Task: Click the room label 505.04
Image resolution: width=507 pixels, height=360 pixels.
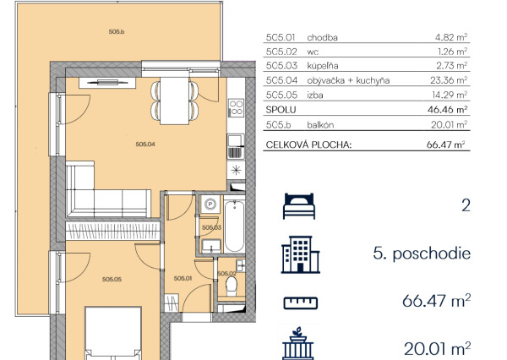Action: pyautogui.click(x=145, y=145)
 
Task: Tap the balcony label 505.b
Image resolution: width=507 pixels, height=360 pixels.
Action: pyautogui.click(x=117, y=32)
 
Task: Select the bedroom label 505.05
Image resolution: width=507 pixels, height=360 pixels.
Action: pyautogui.click(x=112, y=279)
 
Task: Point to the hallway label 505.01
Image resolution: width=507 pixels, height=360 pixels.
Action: pyautogui.click(x=183, y=278)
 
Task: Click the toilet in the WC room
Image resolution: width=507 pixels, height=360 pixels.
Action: pyautogui.click(x=232, y=286)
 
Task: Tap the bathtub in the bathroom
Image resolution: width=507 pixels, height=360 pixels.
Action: pyautogui.click(x=234, y=226)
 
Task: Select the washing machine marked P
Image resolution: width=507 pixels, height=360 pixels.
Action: pyautogui.click(x=210, y=205)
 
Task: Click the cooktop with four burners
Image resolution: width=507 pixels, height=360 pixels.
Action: pyautogui.click(x=236, y=108)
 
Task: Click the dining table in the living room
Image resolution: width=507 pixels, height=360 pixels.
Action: pyautogui.click(x=175, y=101)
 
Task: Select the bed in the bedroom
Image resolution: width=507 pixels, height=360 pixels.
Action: pyautogui.click(x=113, y=333)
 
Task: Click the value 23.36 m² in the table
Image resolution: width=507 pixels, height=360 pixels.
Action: pyautogui.click(x=449, y=80)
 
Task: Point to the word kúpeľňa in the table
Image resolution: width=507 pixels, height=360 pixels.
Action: pyautogui.click(x=323, y=66)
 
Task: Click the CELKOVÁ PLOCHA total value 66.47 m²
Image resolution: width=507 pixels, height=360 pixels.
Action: pyautogui.click(x=445, y=145)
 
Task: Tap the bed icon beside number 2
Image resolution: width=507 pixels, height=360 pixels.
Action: pyautogui.click(x=299, y=206)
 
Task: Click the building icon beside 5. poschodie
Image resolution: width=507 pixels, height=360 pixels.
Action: pyautogui.click(x=300, y=254)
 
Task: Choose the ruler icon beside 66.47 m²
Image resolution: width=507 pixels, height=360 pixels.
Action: pyautogui.click(x=301, y=303)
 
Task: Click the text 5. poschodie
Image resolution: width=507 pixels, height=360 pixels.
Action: pyautogui.click(x=422, y=254)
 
